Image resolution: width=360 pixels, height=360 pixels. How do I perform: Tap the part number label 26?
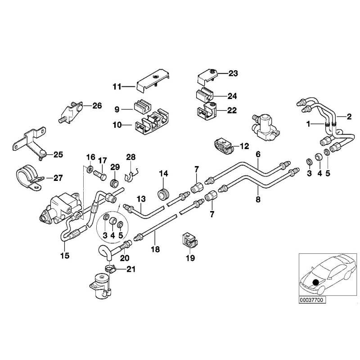pyautogui.click(x=97, y=106)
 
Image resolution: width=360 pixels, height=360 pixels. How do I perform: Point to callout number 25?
pyautogui.click(x=58, y=154)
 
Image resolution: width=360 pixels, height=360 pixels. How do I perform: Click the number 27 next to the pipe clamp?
pyautogui.click(x=58, y=178)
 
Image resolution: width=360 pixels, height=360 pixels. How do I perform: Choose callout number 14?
pyautogui.click(x=163, y=173)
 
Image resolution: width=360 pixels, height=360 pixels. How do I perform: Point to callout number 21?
pyautogui.click(x=130, y=270)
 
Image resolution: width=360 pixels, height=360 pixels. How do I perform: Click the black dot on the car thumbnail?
pyautogui.click(x=315, y=282)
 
